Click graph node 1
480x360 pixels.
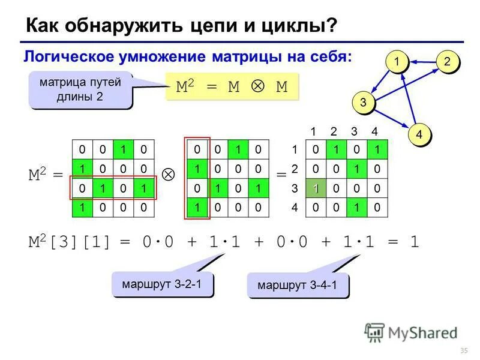[397, 61]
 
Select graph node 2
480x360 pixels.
[447, 61]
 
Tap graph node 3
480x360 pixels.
[362, 101]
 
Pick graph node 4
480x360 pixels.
[419, 134]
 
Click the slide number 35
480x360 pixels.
[463, 350]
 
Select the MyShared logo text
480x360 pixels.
[422, 332]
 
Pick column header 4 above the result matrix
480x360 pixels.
[374, 131]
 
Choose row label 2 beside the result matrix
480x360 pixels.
[295, 168]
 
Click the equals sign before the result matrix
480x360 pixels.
[281, 175]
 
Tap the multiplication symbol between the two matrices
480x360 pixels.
[169, 175]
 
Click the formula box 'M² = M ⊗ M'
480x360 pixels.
[232, 87]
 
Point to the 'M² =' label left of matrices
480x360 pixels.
[46, 176]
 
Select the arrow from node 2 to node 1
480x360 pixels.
[422, 61]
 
